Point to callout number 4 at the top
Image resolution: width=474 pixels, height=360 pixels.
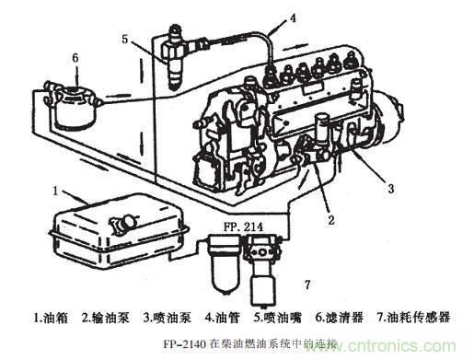[x=293, y=17]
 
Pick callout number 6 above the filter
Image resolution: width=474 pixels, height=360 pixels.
[x=75, y=57]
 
